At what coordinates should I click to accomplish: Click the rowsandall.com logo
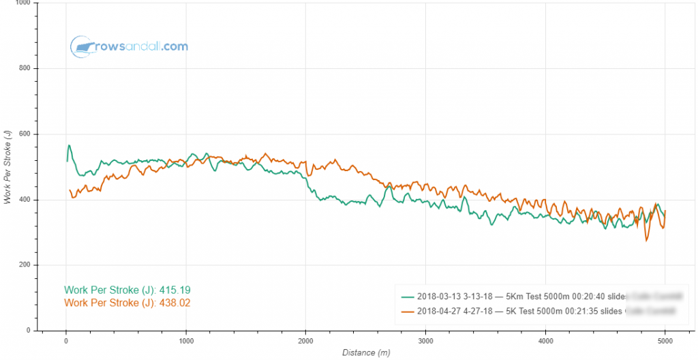(x=129, y=46)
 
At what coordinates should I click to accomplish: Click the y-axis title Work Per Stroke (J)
(x=7, y=166)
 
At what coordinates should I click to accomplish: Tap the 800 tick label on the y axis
(x=26, y=69)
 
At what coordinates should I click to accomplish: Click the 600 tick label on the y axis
(x=26, y=134)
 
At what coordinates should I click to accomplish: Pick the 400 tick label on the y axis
(x=26, y=200)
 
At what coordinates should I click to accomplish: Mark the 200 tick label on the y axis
(x=26, y=265)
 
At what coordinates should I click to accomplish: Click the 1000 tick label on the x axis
(x=185, y=341)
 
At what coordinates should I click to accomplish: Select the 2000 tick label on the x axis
(x=305, y=341)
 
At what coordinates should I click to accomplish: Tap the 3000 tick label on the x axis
(x=425, y=341)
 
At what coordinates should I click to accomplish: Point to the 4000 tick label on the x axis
(x=545, y=341)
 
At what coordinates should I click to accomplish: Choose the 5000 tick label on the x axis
(x=665, y=341)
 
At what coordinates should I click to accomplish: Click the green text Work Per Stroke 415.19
(x=127, y=290)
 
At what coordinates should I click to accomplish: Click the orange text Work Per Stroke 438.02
(x=127, y=302)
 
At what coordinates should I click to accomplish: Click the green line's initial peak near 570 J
(x=69, y=145)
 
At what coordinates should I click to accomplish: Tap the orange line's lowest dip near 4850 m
(x=646, y=240)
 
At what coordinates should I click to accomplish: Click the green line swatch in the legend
(x=408, y=297)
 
